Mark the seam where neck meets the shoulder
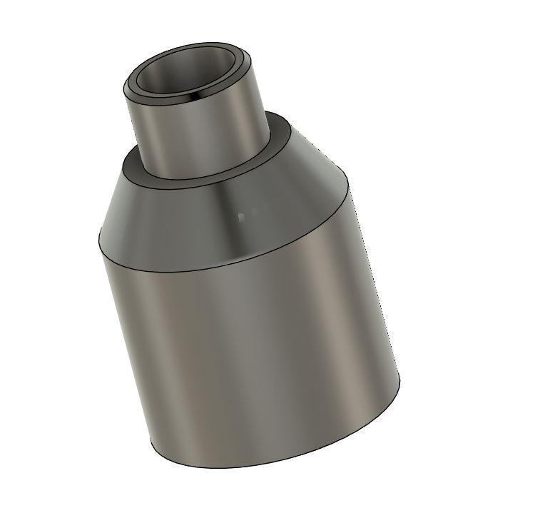coord(207,176)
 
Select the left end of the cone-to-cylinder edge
coord(98,235)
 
